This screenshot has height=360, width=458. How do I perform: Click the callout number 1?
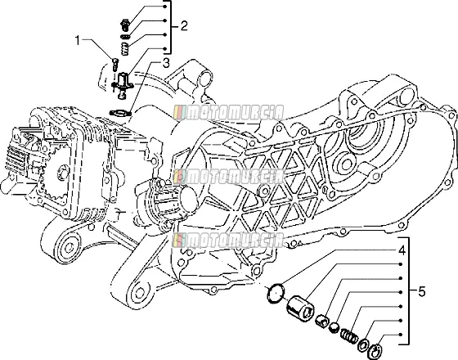[x=77, y=41]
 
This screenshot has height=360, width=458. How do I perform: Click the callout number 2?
[x=184, y=26]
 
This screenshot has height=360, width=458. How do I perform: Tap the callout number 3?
[x=166, y=63]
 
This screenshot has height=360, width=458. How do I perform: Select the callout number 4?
[x=402, y=250]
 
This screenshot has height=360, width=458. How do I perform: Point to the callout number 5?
[x=422, y=291]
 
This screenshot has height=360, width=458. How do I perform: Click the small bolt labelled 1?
[x=114, y=65]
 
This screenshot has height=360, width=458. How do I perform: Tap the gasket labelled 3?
[x=119, y=113]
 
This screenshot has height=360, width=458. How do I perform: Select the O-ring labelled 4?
[x=276, y=293]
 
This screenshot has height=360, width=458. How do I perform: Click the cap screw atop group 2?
[x=125, y=25]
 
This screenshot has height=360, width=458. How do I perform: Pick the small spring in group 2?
[x=126, y=48]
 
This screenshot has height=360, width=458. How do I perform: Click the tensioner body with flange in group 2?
[x=123, y=85]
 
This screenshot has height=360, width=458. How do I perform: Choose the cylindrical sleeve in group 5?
[x=300, y=308]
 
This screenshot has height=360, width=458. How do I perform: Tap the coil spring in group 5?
[x=349, y=335]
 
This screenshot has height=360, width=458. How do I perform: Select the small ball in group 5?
[x=335, y=327]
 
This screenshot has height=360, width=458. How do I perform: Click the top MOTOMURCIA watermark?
[x=229, y=113]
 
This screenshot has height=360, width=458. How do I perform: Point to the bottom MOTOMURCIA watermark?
[x=229, y=241]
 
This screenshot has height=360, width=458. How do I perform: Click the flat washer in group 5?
[x=362, y=344]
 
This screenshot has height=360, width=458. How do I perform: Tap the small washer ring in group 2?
[x=126, y=37]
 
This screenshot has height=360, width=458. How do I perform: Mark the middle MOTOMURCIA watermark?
[x=229, y=177]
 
